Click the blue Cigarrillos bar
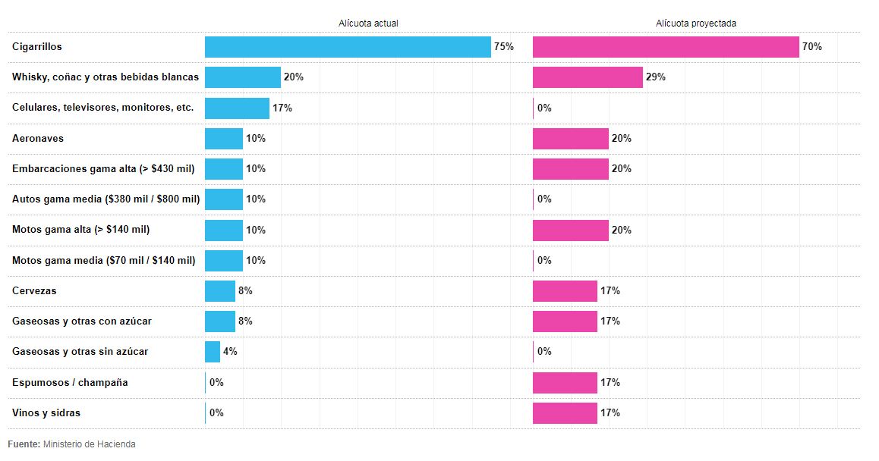pos(348,47)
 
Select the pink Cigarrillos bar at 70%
pos(666,47)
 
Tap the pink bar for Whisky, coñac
pos(588,77)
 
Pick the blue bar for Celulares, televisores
pos(237,108)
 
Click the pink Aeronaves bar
pos(571,139)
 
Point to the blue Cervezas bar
pos(220,291)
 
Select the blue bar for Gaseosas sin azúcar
pos(213,352)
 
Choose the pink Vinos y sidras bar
pos(565,413)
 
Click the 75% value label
pos(503,47)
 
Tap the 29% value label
pos(656,77)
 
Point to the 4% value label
pos(230,352)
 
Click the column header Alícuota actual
pos(368,24)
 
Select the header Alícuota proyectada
pos(696,24)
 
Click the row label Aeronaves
pos(38,139)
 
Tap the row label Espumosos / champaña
pos(70,383)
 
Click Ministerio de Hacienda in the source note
pos(90,444)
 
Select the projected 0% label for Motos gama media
pos(544,261)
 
